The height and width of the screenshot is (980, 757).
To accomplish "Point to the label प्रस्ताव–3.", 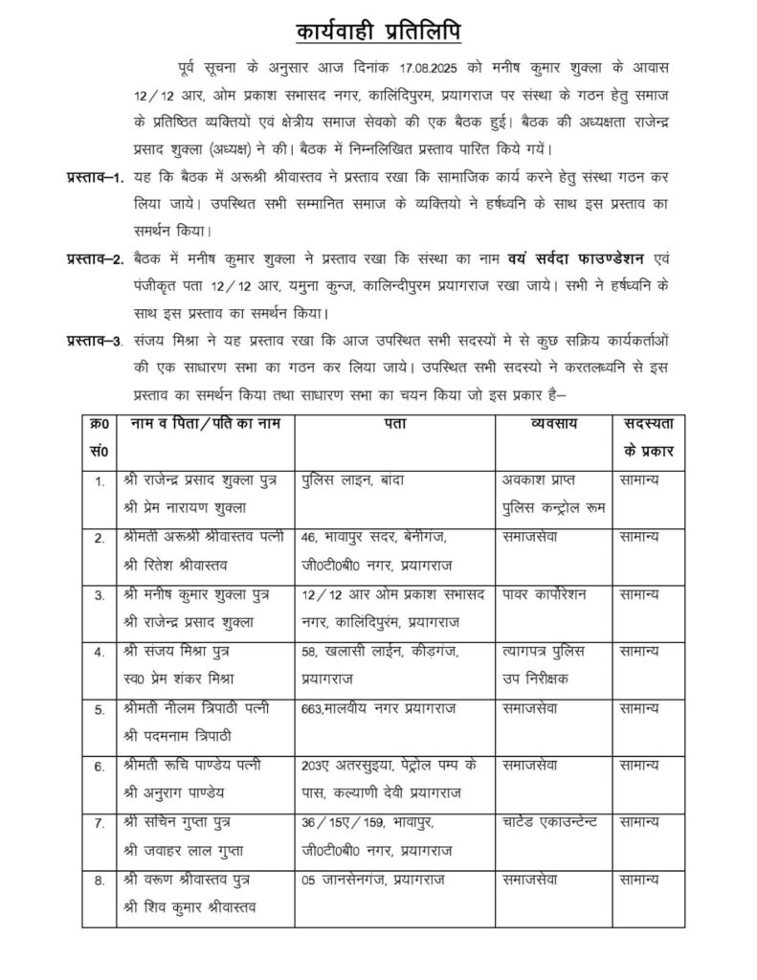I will coord(95,340).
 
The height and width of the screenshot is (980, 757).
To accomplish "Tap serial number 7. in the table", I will coord(99,822).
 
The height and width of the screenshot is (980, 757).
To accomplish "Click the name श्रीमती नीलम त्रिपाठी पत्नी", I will coord(200,709).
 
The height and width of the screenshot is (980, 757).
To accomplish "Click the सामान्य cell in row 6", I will coord(638,766).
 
